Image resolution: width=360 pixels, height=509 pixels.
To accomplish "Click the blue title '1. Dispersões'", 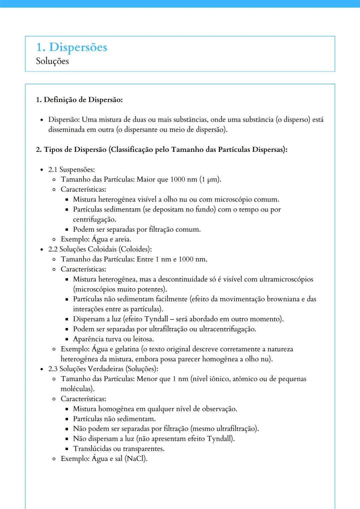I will pyautogui.click(x=71, y=47).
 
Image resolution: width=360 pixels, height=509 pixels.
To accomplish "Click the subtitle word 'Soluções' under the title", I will pyautogui.click(x=52, y=61).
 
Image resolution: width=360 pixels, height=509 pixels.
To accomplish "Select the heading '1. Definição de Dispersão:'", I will pyautogui.click(x=79, y=100).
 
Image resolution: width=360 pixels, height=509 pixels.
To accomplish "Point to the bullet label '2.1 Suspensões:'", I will pyautogui.click(x=71, y=170).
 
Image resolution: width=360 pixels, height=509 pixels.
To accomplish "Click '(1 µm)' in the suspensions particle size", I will pyautogui.click(x=210, y=180).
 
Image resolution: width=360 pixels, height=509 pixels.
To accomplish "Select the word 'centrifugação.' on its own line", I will pyautogui.click(x=95, y=220).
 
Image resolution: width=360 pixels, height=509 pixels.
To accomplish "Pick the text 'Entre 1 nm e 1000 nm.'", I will pyautogui.click(x=172, y=259).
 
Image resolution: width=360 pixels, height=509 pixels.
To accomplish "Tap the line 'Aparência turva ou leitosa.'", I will pyautogui.click(x=113, y=339).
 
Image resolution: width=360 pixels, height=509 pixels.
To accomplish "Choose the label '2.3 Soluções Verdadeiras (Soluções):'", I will pyautogui.click(x=103, y=369).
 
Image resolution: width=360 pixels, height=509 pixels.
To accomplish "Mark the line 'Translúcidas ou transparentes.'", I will pyautogui.click(x=119, y=449).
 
